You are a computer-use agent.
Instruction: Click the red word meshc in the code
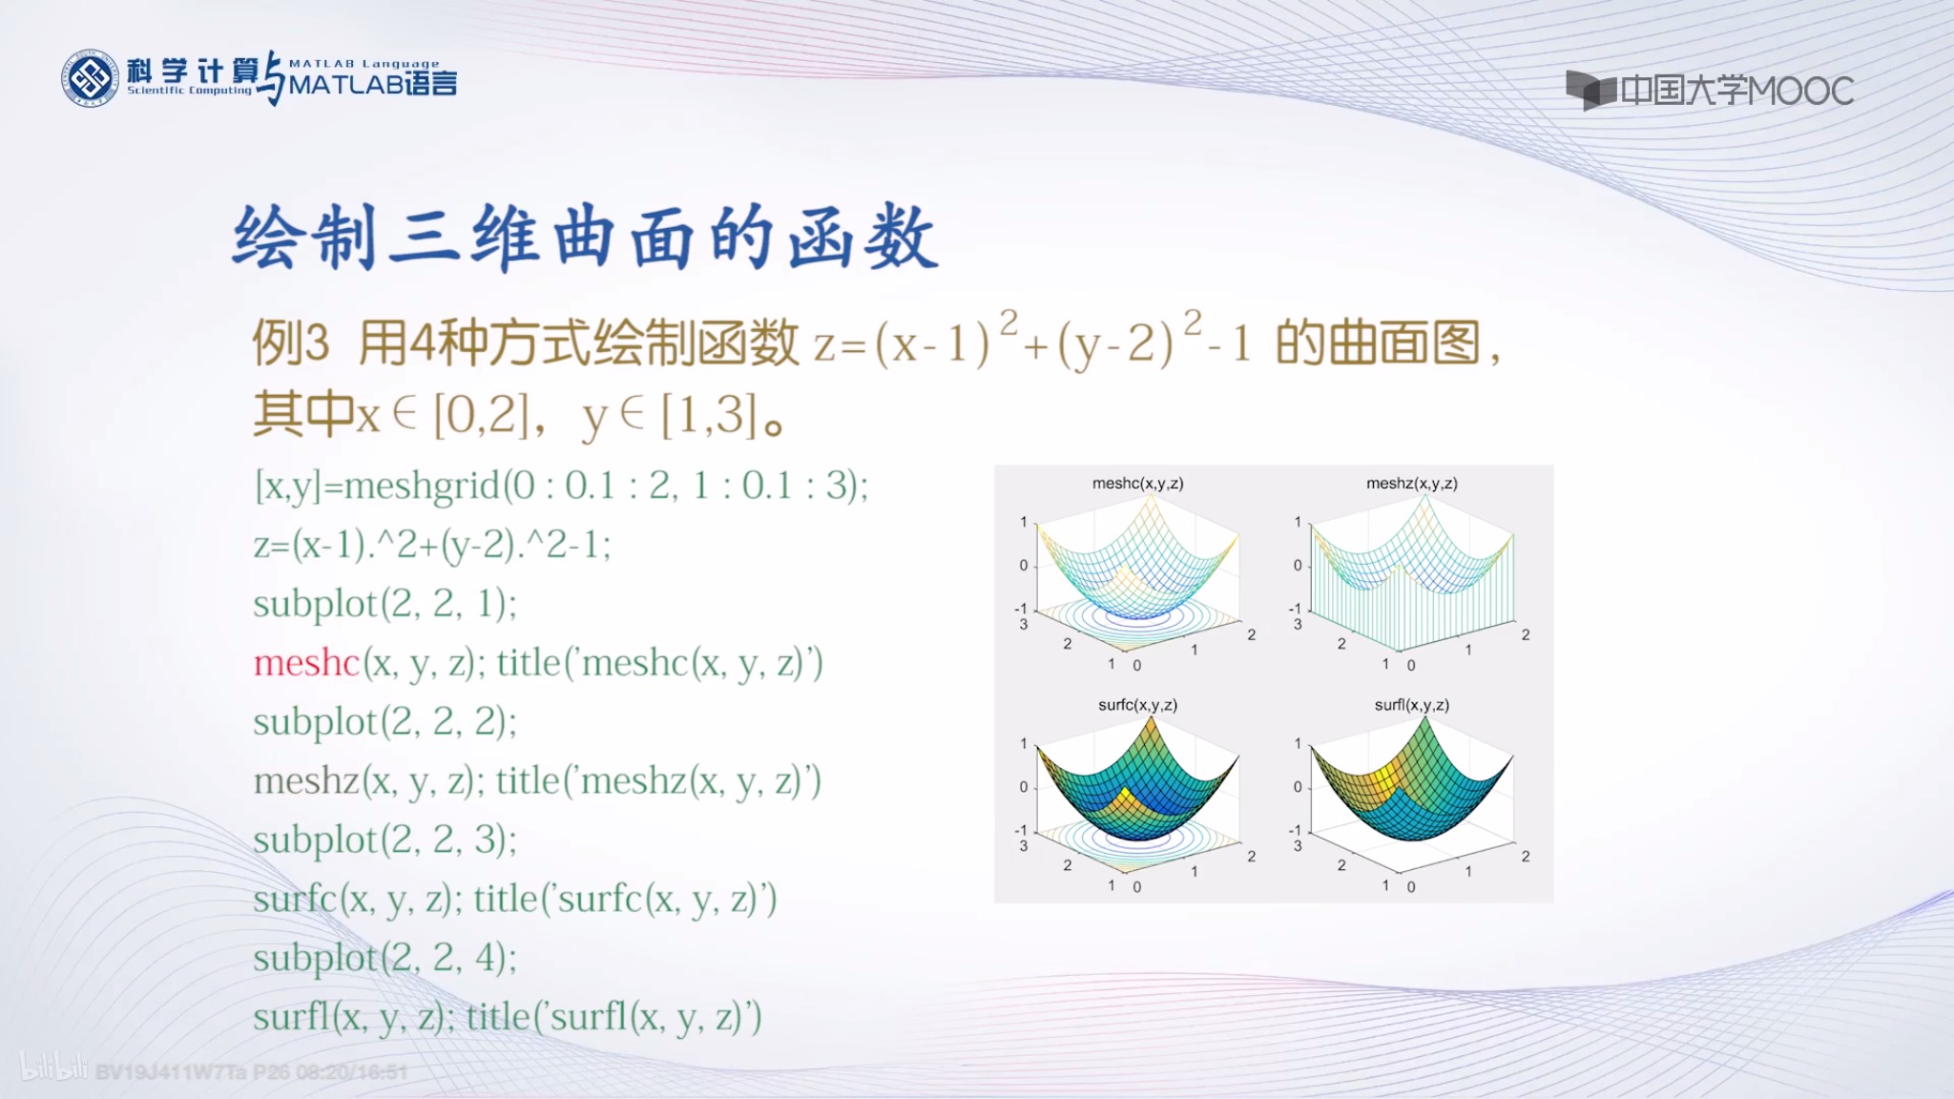pos(306,662)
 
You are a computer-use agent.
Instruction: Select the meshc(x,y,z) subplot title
pos(1137,484)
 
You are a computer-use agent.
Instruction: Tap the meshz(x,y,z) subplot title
pos(1411,484)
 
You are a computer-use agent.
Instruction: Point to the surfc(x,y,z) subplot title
pos(1137,705)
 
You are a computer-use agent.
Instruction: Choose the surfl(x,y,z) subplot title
pos(1411,705)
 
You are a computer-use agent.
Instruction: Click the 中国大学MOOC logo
pos(1710,91)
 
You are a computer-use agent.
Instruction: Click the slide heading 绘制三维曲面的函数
pos(585,237)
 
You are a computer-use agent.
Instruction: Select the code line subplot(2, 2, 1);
pos(385,604)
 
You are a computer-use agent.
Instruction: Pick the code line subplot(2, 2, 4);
pos(385,958)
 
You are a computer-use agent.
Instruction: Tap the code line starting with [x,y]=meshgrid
pos(561,487)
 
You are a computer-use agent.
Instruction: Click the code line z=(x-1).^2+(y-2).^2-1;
pos(431,545)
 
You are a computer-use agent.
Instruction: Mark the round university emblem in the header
pos(91,78)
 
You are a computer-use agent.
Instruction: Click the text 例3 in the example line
pos(290,343)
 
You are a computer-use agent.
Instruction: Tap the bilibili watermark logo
pos(54,1068)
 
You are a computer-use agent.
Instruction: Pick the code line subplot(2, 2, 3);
pos(385,840)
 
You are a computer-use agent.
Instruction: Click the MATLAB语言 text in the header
pos(373,84)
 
